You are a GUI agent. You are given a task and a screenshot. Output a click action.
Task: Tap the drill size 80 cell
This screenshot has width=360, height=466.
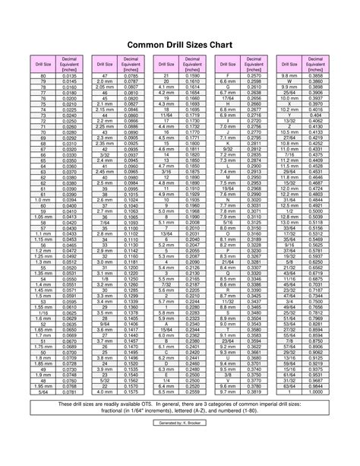tap(43, 77)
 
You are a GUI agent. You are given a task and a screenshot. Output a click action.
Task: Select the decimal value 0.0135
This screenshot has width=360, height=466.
tap(69, 77)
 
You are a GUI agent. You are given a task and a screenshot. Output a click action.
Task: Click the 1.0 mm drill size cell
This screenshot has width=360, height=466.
tap(43, 199)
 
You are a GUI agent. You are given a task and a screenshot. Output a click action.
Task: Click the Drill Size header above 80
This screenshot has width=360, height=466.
tap(43, 65)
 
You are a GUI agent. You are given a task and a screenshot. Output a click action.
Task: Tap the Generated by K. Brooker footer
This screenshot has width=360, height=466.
tap(180, 442)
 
